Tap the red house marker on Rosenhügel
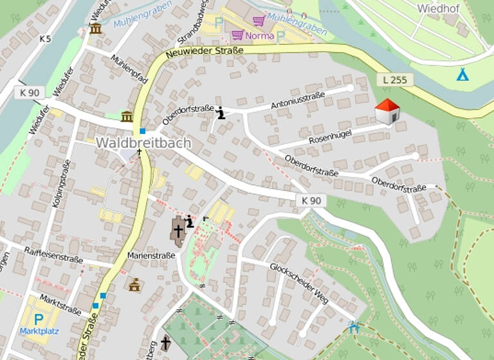(x=387, y=112)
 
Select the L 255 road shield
(x=394, y=80)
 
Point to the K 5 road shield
(x=44, y=39)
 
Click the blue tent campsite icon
(x=462, y=75)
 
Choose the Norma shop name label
(x=259, y=36)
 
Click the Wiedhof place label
(x=439, y=8)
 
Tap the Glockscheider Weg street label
(x=298, y=282)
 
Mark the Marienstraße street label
(x=151, y=255)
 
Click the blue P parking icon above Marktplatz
(x=38, y=319)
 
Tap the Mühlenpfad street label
(x=129, y=69)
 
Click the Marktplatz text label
(x=38, y=332)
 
